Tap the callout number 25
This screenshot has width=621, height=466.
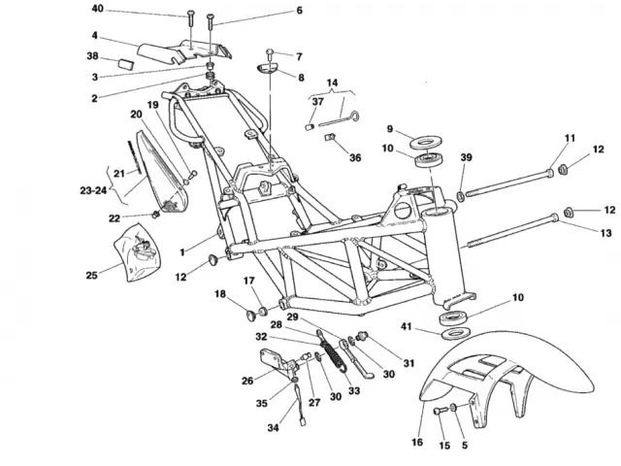pos(91,276)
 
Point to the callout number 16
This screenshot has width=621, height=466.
pos(418,442)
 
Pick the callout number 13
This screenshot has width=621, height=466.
pos(605,232)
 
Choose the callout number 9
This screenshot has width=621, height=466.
pos(389,129)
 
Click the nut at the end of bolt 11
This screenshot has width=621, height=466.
pos(561,172)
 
